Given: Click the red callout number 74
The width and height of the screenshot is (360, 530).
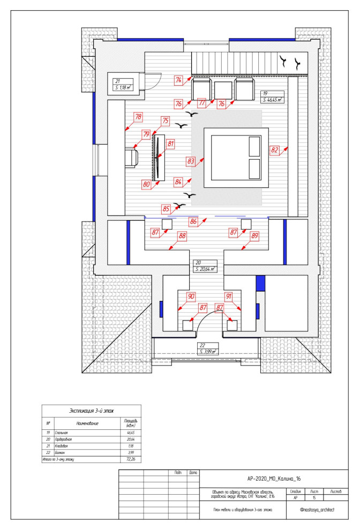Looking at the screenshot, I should (x=179, y=80).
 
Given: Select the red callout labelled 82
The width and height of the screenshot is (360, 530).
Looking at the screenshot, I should (x=275, y=150).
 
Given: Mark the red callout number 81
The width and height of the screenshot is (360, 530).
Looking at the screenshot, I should (x=171, y=143).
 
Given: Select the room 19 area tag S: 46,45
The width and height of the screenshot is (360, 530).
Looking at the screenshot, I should (x=272, y=97).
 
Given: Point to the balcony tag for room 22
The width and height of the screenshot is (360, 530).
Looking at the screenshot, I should (x=207, y=349).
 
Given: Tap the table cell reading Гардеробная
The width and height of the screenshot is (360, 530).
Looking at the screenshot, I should (x=67, y=439).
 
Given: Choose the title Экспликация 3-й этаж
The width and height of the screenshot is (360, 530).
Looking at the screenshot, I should (x=92, y=411).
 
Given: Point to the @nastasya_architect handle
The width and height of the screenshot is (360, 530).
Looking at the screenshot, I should (x=317, y=510).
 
